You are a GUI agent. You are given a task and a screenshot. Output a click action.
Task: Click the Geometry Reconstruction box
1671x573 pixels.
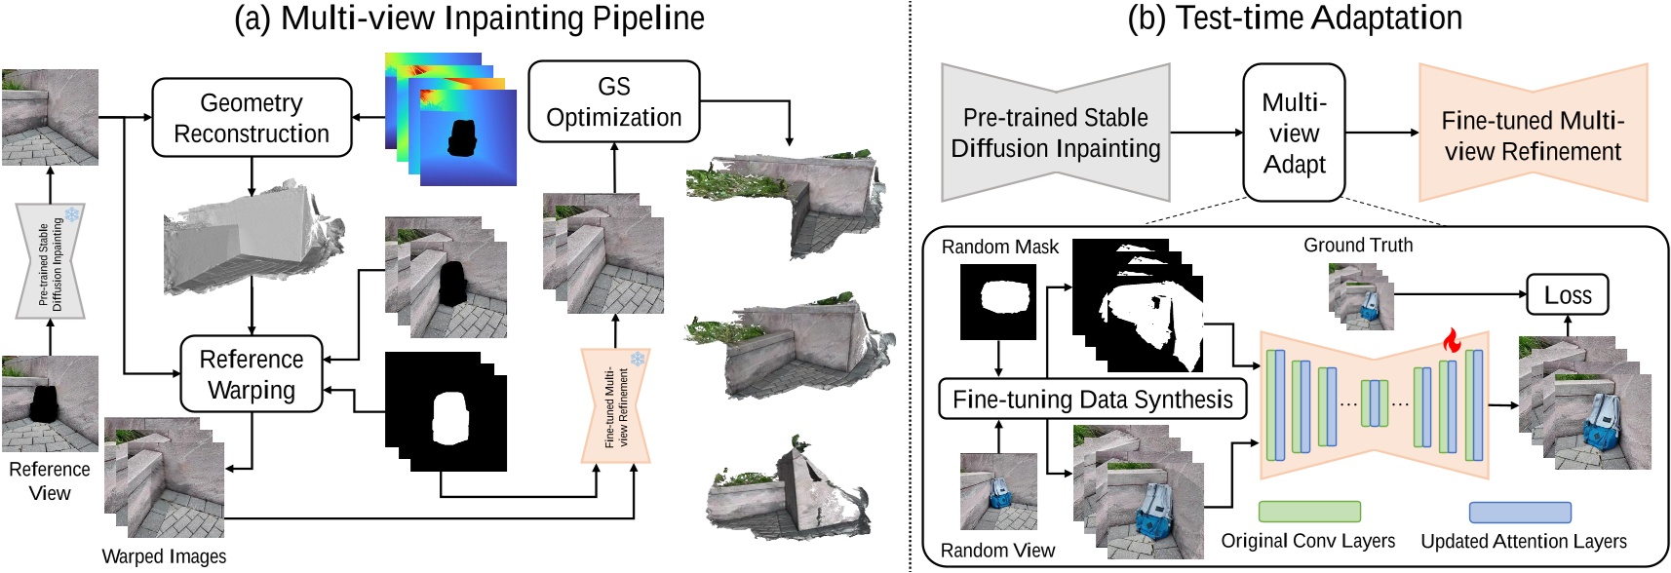(x=252, y=118)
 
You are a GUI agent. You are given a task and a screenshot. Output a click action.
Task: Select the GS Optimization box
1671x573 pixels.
(x=613, y=102)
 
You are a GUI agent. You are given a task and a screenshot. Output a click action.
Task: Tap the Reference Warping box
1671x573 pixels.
(x=252, y=374)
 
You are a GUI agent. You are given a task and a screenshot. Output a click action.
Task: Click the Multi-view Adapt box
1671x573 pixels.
(x=1294, y=133)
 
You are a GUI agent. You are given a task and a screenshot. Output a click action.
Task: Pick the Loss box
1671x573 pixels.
(x=1567, y=295)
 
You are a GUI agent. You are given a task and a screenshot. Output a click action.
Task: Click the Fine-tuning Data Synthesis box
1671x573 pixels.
(x=1092, y=400)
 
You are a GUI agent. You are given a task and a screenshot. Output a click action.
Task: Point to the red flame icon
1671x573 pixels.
(x=1451, y=340)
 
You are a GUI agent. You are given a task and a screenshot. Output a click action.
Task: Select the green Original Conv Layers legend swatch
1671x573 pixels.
(x=1308, y=512)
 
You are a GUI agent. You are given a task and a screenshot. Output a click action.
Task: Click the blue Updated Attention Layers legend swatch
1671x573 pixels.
(x=1519, y=512)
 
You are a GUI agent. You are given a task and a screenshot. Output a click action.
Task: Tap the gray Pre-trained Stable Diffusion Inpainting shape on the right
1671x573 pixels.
(x=1055, y=133)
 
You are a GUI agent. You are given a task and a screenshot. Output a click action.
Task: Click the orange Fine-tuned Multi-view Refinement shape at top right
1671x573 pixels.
(x=1532, y=134)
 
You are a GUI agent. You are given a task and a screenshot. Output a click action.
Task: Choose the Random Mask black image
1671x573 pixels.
(x=998, y=301)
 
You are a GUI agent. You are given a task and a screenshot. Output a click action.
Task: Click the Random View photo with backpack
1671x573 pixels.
(x=998, y=491)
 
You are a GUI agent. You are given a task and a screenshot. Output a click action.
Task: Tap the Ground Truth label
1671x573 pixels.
(x=1357, y=246)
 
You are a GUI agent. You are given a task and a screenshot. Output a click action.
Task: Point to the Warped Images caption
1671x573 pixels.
(x=164, y=556)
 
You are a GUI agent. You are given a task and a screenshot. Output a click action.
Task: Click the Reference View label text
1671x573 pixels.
(x=50, y=480)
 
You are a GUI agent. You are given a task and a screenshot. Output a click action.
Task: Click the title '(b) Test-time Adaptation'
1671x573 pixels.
(x=1294, y=18)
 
